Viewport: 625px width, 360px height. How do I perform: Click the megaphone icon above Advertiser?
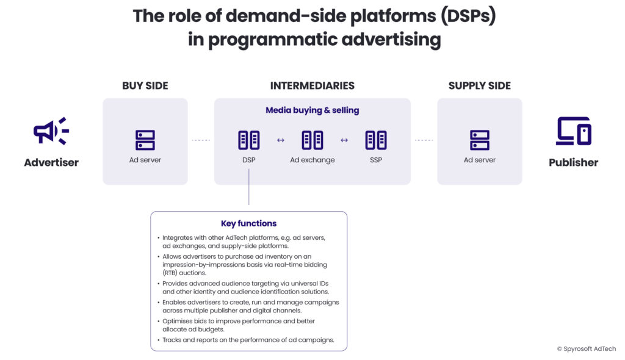51,131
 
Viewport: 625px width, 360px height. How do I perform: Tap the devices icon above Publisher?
573,131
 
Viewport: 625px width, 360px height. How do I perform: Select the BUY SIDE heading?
145,86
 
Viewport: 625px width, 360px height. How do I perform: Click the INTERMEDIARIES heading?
312,86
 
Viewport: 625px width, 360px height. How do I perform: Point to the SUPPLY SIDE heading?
480,86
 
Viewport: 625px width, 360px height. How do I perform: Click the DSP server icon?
249,140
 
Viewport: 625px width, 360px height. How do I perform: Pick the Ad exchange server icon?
312,140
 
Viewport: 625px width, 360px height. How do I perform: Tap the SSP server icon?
376,140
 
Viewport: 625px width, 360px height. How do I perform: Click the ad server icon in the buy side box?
145,140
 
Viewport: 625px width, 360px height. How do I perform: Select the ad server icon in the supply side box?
480,140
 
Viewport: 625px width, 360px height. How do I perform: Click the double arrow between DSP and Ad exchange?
281,140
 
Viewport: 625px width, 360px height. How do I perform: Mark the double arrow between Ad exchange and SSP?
344,140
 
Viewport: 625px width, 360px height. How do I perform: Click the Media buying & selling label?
312,110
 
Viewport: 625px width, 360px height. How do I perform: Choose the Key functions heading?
248,223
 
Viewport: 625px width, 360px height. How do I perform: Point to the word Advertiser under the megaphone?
51,162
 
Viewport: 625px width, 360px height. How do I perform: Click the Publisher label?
573,162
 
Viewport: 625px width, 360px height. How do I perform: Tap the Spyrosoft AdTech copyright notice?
586,348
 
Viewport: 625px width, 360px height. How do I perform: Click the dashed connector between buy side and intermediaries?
201,140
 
